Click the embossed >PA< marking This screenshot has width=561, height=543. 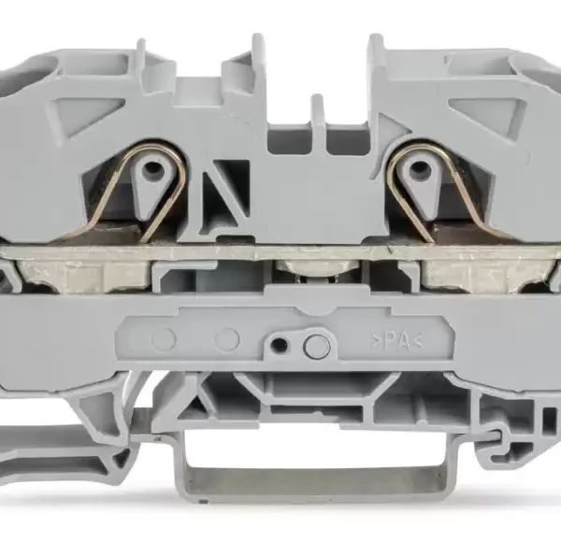396,342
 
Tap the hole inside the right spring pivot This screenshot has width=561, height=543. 416,167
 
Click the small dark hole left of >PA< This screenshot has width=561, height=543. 279,345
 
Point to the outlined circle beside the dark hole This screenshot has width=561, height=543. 316,347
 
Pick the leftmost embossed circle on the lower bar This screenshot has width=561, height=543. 164,338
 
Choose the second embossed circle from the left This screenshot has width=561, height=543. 226,338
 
